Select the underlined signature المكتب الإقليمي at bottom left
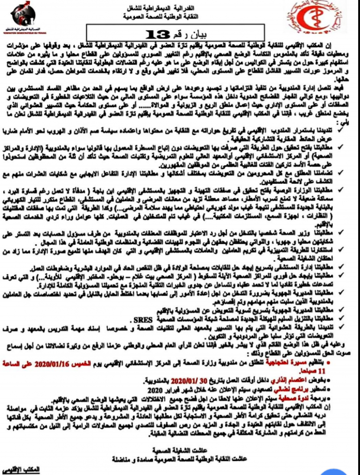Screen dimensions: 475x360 21,470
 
